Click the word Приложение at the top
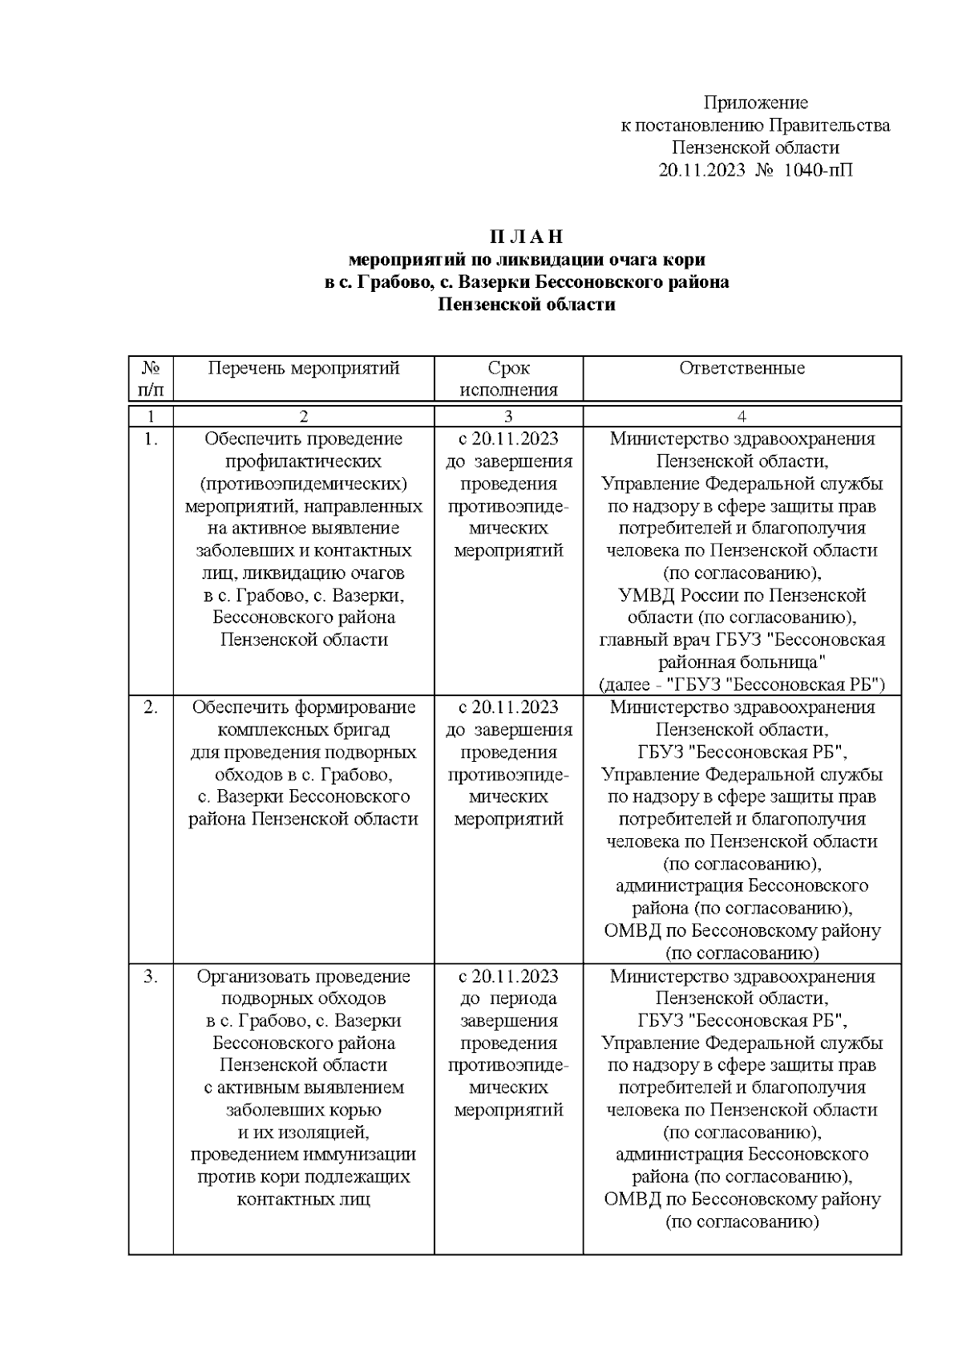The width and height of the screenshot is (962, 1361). click(x=755, y=103)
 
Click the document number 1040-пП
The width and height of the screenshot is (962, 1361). click(x=818, y=170)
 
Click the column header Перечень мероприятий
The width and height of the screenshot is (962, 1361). click(x=303, y=368)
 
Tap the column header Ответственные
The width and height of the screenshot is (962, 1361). click(x=742, y=368)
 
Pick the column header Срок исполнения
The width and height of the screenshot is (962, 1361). click(x=508, y=379)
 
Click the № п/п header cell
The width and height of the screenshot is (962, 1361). click(x=151, y=379)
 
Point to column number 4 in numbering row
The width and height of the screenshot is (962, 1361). click(x=742, y=416)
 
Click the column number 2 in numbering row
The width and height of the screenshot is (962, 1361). click(x=303, y=416)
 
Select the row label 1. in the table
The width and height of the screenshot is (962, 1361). click(x=151, y=439)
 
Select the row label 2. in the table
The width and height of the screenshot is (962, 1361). click(x=151, y=707)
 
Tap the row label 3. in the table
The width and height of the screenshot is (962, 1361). click(x=151, y=977)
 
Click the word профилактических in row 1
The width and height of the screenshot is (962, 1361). click(x=303, y=462)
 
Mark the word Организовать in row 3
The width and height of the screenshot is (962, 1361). click(x=248, y=977)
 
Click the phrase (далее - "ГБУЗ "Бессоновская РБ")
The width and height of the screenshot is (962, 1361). click(x=742, y=686)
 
